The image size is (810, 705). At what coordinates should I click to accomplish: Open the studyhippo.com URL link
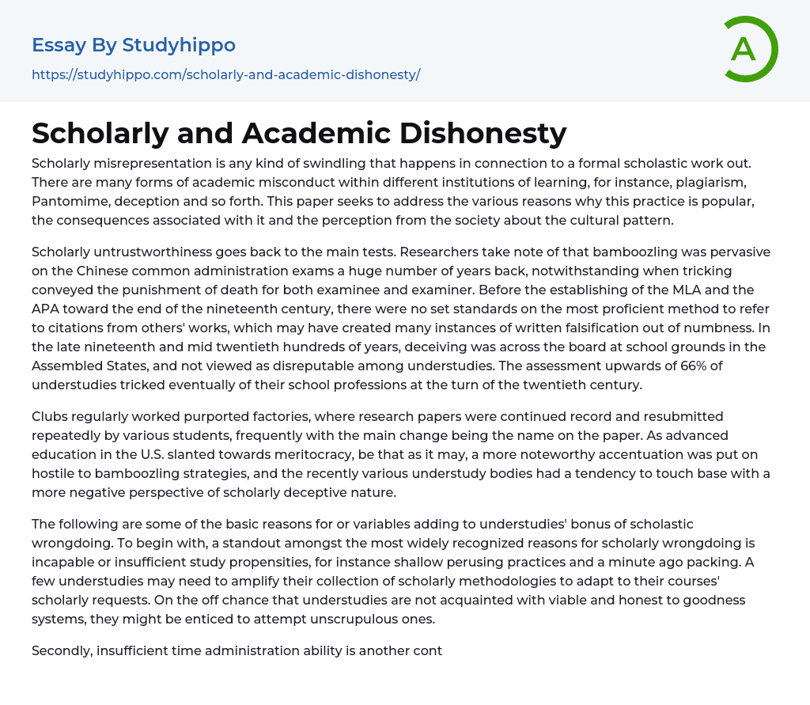tap(225, 74)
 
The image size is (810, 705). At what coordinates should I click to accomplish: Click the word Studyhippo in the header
tap(179, 45)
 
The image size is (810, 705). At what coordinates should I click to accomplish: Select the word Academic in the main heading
tap(316, 133)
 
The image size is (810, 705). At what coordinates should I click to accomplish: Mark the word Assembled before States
tap(66, 366)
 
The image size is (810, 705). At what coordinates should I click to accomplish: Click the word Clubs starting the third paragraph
tap(51, 416)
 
